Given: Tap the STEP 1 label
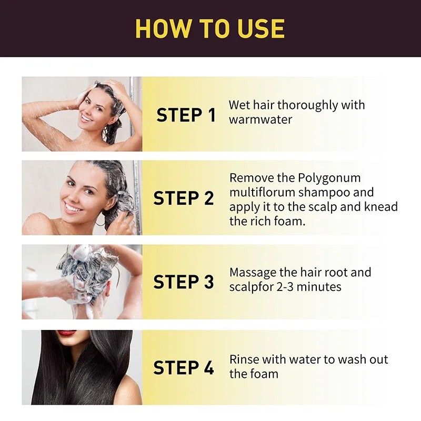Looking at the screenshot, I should click(x=186, y=115).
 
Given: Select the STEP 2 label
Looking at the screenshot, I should click(x=184, y=198).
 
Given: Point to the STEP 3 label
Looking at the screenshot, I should click(x=184, y=282).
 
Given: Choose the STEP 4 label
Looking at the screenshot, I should click(x=184, y=367).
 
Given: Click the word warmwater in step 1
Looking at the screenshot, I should click(x=260, y=119).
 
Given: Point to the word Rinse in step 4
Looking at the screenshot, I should click(x=245, y=359).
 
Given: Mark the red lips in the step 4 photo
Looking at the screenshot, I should click(x=67, y=333).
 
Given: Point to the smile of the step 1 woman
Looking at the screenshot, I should click(x=85, y=118).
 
